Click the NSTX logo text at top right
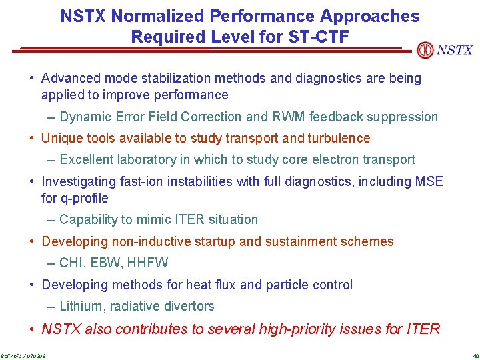[455, 50]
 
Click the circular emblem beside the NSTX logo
[425, 50]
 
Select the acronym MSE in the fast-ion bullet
[427, 181]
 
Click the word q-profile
[84, 198]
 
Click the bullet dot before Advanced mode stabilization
[33, 79]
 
